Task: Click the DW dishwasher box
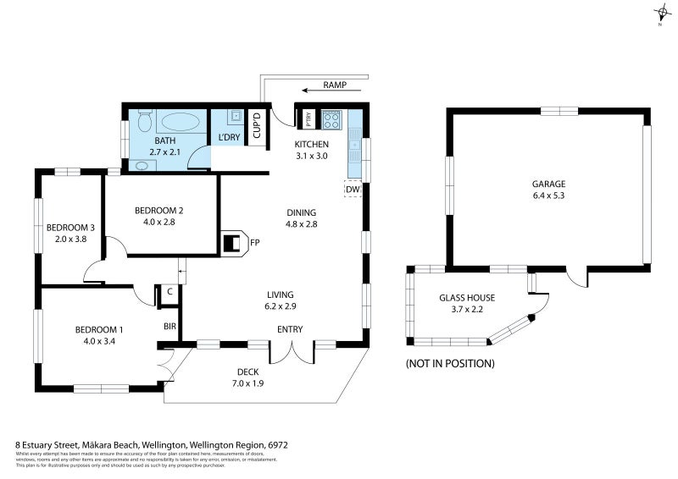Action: click(x=353, y=190)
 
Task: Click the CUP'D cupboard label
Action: click(x=257, y=132)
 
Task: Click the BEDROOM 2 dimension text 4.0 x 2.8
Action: click(x=158, y=223)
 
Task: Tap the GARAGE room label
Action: click(x=548, y=184)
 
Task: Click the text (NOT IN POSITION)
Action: click(x=450, y=363)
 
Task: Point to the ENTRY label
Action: click(x=290, y=329)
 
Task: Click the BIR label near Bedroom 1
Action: click(x=169, y=325)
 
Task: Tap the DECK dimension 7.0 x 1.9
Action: click(x=248, y=383)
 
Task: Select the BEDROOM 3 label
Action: click(x=70, y=227)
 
